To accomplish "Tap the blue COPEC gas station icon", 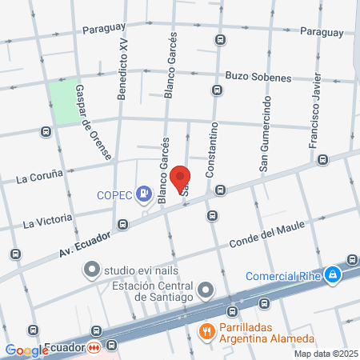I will (x=143, y=193).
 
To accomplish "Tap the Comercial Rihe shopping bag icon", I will (x=332, y=276).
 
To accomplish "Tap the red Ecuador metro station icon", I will (x=94, y=348).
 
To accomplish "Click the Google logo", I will (x=27, y=350).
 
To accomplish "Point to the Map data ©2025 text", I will (x=324, y=353).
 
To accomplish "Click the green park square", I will (x=65, y=102).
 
